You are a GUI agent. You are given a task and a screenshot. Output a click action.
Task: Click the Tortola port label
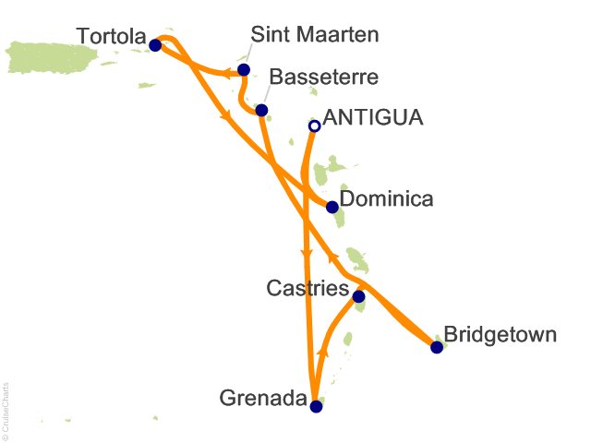click(110, 37)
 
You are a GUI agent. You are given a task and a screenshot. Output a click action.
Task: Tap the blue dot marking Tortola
click(155, 44)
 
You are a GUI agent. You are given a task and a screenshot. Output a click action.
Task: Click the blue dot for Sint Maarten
click(244, 70)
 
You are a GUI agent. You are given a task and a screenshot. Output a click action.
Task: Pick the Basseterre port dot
click(261, 111)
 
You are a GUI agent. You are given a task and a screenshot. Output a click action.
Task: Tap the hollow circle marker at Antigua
click(314, 126)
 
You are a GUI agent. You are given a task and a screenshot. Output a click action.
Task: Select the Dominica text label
click(386, 199)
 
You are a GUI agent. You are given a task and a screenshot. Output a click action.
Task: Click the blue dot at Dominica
click(332, 207)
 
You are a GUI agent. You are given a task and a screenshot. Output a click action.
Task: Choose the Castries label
click(307, 289)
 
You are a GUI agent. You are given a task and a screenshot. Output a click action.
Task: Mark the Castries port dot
click(358, 296)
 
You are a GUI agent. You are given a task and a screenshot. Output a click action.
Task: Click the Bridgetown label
click(500, 334)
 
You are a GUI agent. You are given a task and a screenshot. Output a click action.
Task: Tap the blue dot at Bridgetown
click(437, 347)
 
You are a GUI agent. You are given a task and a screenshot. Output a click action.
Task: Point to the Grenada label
click(262, 399)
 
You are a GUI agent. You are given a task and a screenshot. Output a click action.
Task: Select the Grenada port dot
click(316, 406)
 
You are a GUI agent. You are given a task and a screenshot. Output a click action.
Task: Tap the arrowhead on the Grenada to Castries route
click(322, 352)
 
